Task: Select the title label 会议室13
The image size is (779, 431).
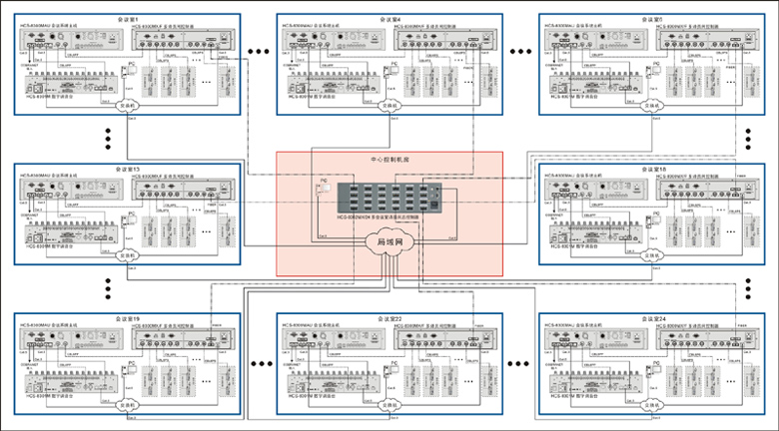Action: [128, 169]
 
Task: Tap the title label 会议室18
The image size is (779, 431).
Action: [651, 169]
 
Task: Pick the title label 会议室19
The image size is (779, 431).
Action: [128, 318]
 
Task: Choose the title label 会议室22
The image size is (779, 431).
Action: [389, 318]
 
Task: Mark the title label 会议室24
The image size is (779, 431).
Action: [651, 318]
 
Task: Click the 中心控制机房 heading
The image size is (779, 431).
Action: [389, 159]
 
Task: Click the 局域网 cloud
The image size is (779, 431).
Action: [389, 242]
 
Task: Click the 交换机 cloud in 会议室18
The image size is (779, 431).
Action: [652, 254]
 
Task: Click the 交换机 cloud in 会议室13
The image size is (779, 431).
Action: [128, 254]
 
